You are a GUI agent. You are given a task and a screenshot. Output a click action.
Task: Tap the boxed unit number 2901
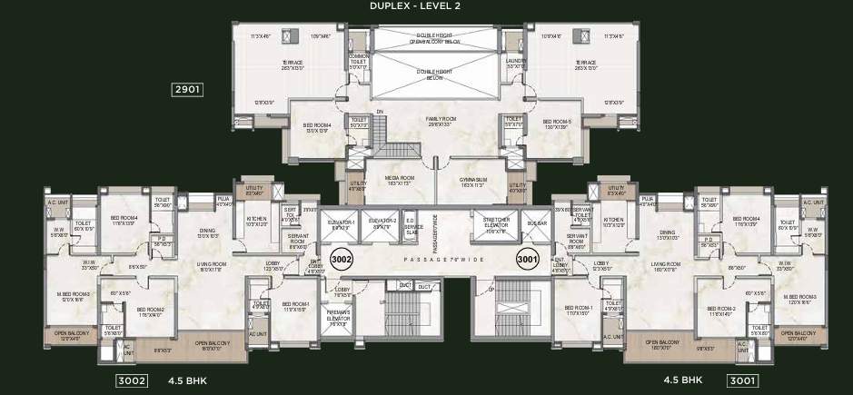pyautogui.click(x=187, y=90)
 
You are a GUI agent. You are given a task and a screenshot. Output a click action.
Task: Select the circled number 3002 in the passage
pyautogui.click(x=343, y=258)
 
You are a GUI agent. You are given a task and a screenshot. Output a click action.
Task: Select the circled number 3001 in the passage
pyautogui.click(x=528, y=258)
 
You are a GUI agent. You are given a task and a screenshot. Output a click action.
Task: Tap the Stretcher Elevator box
pyautogui.click(x=495, y=225)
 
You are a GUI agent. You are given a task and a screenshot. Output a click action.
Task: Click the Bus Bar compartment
pyautogui.click(x=536, y=223)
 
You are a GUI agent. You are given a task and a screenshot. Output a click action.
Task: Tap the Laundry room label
pyautogui.click(x=517, y=63)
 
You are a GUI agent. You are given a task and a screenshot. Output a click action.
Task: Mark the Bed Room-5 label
pyautogui.click(x=556, y=125)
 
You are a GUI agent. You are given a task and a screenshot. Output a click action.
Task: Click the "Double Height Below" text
pyautogui.click(x=437, y=74)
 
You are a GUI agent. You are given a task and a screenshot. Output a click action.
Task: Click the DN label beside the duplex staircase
pyautogui.click(x=381, y=112)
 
